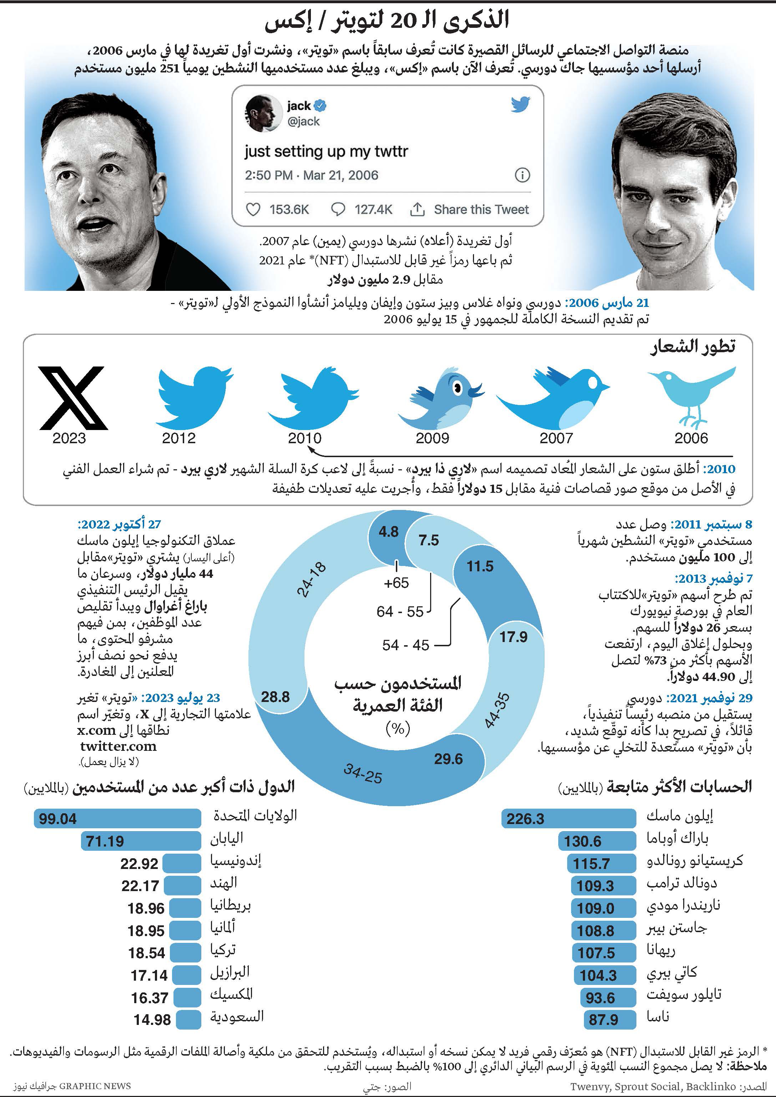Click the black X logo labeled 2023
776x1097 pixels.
click(72, 398)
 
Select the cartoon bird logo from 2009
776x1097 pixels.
click(440, 398)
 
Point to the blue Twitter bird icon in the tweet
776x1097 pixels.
click(520, 104)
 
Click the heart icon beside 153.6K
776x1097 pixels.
click(253, 209)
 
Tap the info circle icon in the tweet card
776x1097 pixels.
click(522, 175)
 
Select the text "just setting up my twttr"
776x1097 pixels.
click(326, 151)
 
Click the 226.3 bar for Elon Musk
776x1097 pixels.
click(569, 818)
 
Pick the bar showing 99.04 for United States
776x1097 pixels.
click(117, 818)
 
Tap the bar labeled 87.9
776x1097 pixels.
click(610, 1020)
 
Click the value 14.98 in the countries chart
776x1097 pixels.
click(152, 1020)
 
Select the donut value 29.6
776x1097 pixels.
click(448, 759)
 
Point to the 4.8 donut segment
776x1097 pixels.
click(388, 531)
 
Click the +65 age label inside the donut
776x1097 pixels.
click(396, 583)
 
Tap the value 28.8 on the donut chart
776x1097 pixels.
click(275, 697)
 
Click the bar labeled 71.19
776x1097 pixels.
click(141, 841)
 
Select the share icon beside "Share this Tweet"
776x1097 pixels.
click(417, 209)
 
